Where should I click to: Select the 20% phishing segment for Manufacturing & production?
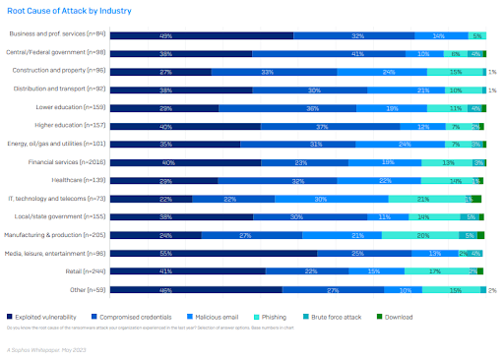pyautogui.click(x=421, y=235)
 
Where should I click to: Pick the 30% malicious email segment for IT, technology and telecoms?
pyautogui.click(x=320, y=199)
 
